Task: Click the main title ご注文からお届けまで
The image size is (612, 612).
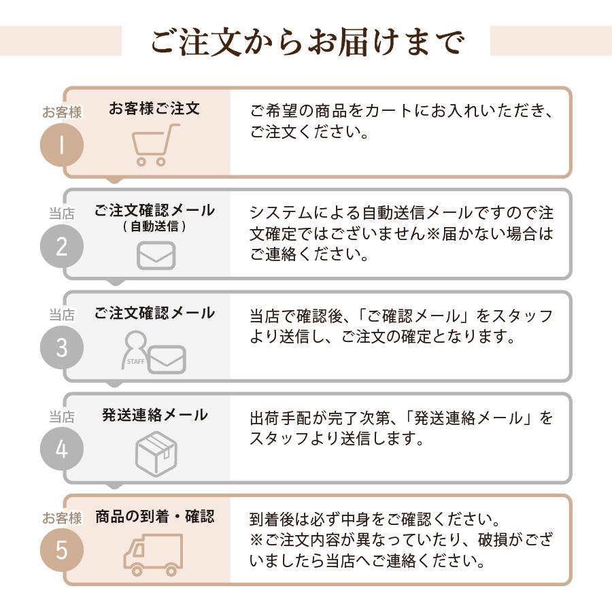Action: coord(306,41)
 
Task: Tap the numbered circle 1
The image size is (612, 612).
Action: coord(62,146)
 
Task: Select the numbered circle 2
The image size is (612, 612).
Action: coord(62,246)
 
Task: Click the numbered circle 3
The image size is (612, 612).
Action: coord(62,347)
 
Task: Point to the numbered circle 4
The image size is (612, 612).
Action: coord(62,449)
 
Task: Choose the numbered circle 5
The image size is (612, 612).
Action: coord(62,550)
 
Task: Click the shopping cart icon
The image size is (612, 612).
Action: coord(154,145)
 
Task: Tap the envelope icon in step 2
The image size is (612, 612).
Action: coord(156,256)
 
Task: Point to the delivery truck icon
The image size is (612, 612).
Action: coord(153,555)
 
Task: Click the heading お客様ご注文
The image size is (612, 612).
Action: coord(154,109)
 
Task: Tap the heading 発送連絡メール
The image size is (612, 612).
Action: coord(154,415)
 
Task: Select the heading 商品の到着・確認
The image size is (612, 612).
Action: coord(154,516)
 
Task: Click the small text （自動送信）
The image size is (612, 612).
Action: coord(154,226)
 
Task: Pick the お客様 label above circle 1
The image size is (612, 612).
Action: coord(62,113)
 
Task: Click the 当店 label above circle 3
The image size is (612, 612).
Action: coord(62,316)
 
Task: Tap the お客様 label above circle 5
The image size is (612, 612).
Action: coord(62,518)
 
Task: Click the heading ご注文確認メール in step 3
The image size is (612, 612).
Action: coord(154,313)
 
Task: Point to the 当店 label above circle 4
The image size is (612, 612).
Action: coord(62,417)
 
